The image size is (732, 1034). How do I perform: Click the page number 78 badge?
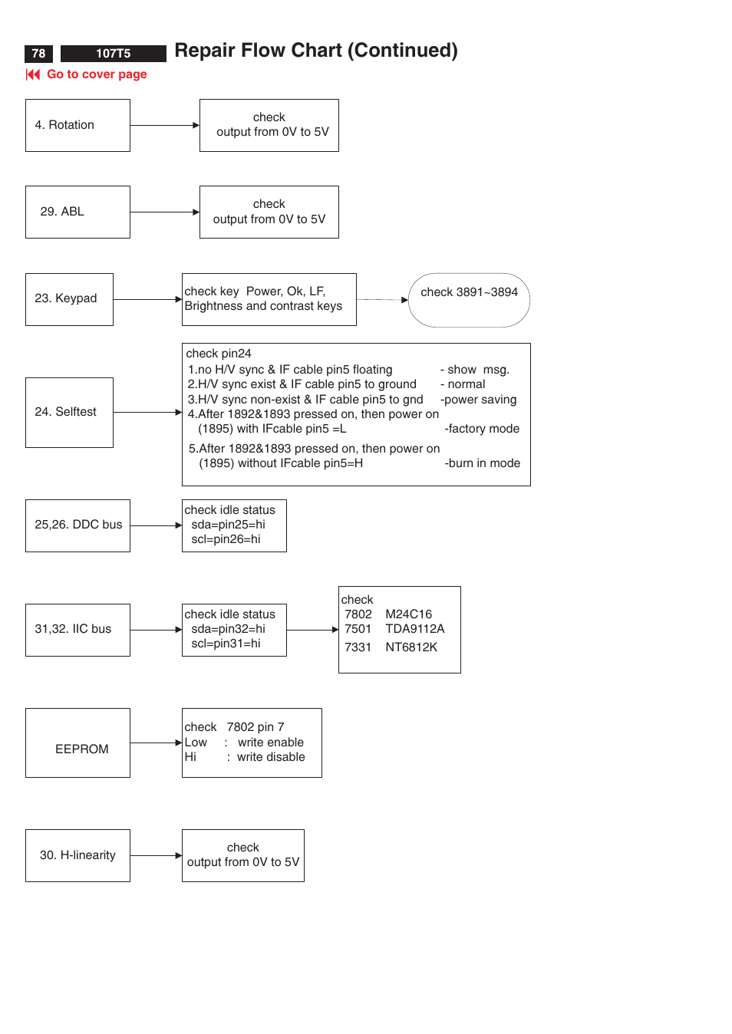38,54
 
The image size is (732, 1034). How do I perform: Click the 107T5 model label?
113,54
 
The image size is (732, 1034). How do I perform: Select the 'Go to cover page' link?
97,74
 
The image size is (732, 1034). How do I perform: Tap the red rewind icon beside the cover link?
33,74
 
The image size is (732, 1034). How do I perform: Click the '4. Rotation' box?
77,125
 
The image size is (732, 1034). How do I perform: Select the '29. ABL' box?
77,212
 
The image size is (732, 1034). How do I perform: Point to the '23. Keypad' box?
69,299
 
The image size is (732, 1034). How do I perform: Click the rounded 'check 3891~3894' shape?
470,300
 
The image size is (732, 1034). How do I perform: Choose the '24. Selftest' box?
69,412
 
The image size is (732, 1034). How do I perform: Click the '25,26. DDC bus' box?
77,525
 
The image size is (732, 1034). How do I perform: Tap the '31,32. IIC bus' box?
77,630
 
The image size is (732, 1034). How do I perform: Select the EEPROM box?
77,743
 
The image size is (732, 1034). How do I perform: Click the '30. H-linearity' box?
77,855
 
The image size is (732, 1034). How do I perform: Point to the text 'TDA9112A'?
414,628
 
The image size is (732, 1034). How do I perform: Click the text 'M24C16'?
409,614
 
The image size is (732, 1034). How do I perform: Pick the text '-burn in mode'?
482,463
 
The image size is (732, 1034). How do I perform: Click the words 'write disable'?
271,756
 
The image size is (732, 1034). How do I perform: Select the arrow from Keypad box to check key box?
148,299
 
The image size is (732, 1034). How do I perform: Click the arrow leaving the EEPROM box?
156,743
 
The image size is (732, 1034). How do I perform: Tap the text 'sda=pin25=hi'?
228,525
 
